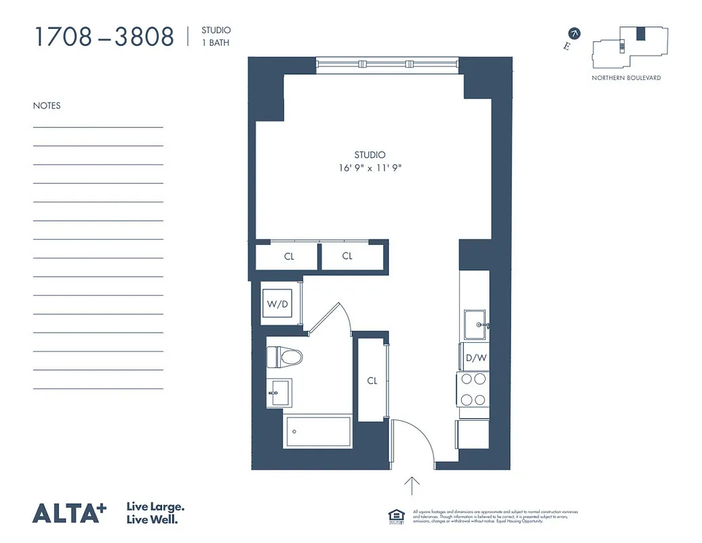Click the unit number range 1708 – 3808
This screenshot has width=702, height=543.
[104, 37]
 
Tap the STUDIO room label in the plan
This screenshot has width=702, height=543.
[370, 155]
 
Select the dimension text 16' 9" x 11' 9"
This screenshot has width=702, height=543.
[370, 168]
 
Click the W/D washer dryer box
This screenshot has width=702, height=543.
[277, 305]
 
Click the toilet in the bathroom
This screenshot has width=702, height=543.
[284, 356]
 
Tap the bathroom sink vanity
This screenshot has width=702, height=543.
[278, 393]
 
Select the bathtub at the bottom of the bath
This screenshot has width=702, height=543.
[317, 431]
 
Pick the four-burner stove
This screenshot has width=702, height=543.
[473, 389]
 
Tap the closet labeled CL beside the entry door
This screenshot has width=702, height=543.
[372, 381]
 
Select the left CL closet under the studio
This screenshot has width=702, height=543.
[289, 257]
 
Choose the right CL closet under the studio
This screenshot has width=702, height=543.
[347, 257]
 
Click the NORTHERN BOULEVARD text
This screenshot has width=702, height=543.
[626, 78]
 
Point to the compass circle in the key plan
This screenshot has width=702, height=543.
[574, 33]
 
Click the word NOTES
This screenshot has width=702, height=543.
[47, 106]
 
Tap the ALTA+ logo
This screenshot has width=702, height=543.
[70, 513]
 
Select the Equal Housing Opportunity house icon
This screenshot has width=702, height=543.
[396, 515]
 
